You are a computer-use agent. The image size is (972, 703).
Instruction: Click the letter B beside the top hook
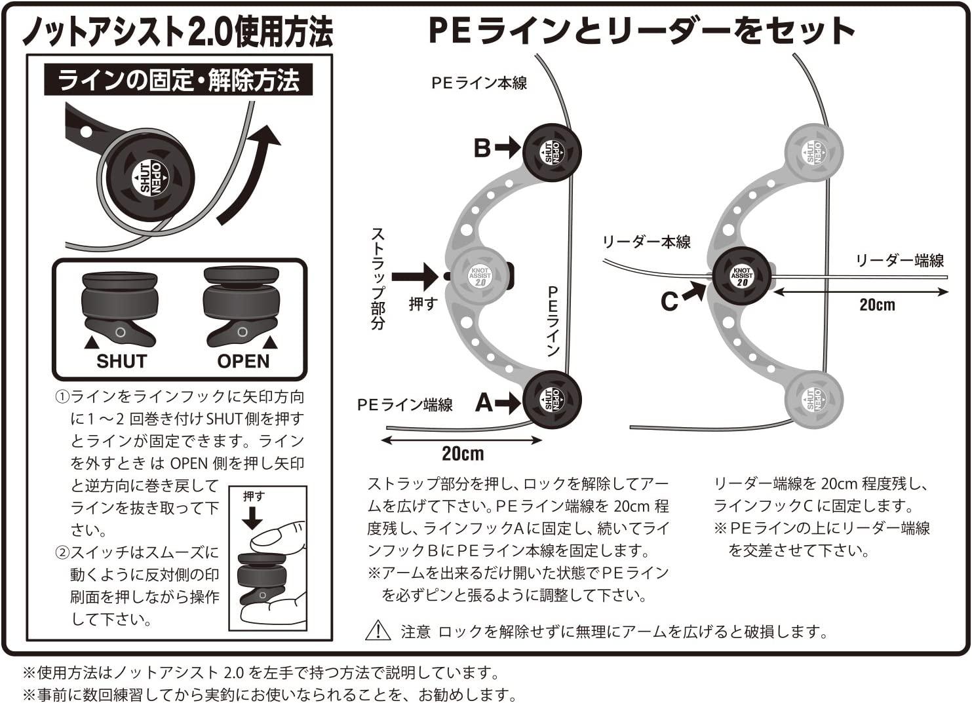click(482, 149)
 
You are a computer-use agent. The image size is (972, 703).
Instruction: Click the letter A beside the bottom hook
click(484, 402)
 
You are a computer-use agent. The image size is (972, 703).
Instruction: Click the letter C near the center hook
click(669, 302)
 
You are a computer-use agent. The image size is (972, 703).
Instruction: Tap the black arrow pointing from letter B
click(508, 149)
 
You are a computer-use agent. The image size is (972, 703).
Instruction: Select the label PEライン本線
click(478, 83)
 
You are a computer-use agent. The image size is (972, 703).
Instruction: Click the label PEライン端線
click(404, 405)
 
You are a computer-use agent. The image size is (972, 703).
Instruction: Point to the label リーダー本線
click(646, 242)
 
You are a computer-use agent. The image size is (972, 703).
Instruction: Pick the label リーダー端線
click(900, 261)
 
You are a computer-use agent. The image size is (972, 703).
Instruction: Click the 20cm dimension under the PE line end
click(463, 453)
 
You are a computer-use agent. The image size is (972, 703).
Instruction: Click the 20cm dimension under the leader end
click(877, 305)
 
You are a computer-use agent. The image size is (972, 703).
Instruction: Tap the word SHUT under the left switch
click(121, 362)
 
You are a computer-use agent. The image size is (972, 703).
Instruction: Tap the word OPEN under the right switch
click(243, 362)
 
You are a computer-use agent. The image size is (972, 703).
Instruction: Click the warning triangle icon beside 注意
click(378, 630)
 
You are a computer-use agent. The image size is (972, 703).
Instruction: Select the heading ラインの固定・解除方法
click(178, 81)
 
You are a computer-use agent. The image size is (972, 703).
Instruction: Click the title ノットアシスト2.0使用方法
click(178, 31)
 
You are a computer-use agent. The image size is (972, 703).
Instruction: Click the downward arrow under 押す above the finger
click(252, 518)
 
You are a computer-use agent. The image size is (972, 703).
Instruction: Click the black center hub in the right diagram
click(741, 276)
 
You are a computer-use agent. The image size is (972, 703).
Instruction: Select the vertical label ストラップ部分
click(378, 278)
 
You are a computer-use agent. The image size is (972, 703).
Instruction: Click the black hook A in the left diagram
click(552, 400)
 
